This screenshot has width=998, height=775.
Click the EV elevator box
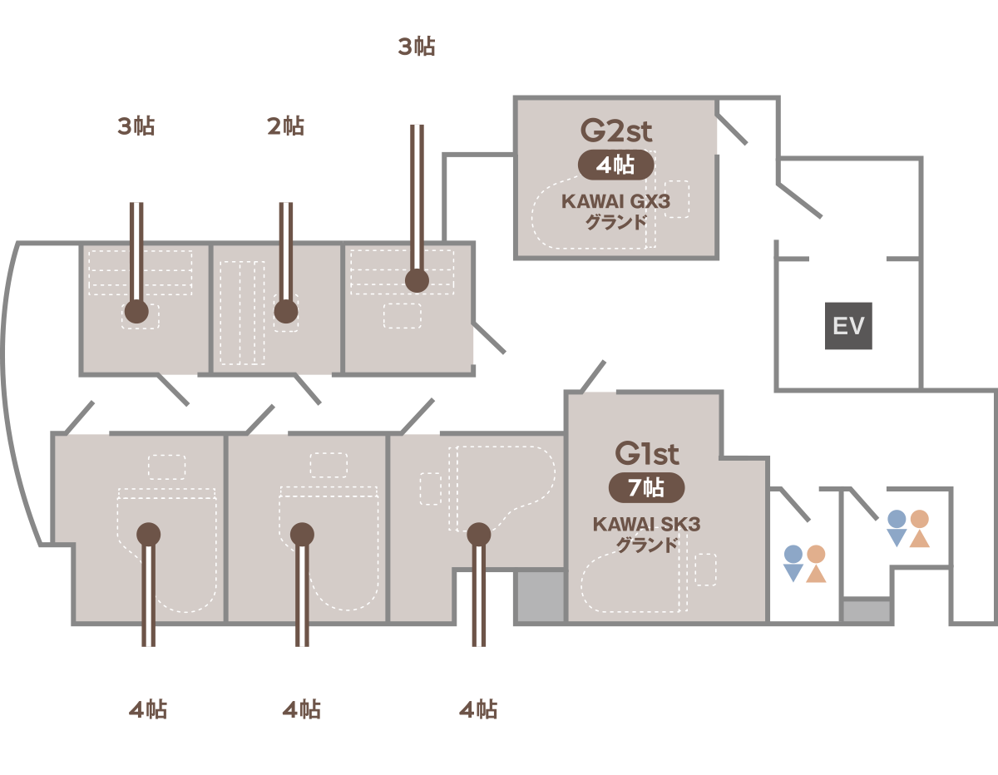[x=848, y=325]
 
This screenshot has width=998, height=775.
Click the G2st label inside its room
[x=616, y=131]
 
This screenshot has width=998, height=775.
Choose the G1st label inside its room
[x=647, y=454]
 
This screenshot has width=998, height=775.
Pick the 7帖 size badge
[x=647, y=488]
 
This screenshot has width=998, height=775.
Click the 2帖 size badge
[x=286, y=126]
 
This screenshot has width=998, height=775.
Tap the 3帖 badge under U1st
[x=417, y=47]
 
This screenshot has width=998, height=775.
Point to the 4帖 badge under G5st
[x=149, y=710]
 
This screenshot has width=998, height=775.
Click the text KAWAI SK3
[x=647, y=525]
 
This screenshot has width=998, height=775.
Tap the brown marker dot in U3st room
[x=136, y=313]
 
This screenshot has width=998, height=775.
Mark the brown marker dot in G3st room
[x=478, y=533]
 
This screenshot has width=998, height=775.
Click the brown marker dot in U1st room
[x=417, y=281]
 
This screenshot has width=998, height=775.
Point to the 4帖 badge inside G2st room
[x=616, y=165]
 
